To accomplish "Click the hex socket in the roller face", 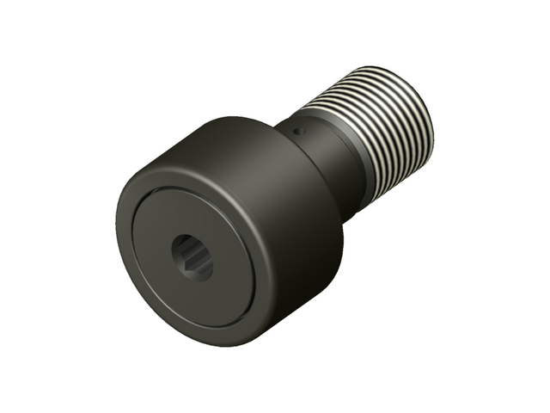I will pos(191,257).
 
